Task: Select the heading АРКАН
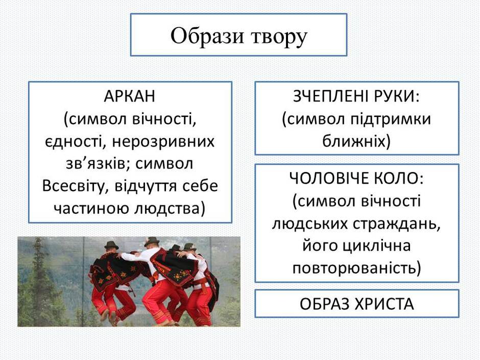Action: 130,97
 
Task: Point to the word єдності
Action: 74,142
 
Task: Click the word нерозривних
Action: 163,142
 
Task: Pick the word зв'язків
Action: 98,164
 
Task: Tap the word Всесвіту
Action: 74,186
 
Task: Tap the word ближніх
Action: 356,142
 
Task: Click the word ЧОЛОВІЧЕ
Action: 327,179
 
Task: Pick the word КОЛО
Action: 399,179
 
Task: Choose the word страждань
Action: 397,224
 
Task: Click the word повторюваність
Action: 357,269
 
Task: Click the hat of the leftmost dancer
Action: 111,245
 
